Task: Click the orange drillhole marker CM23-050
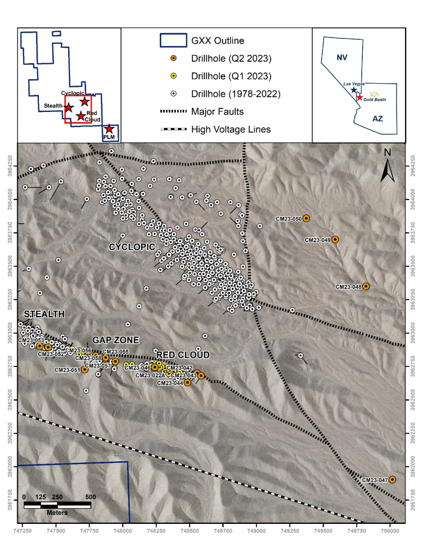point(306,218)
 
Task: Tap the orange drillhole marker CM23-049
point(335,239)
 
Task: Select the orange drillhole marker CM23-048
point(366,287)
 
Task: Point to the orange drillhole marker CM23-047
point(392,479)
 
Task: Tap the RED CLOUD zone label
point(183,355)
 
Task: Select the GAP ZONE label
point(115,340)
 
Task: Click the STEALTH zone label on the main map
point(44,314)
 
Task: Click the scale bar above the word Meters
point(57,505)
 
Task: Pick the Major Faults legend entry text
point(217,111)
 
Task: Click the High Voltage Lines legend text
point(231,130)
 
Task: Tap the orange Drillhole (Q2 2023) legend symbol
point(173,58)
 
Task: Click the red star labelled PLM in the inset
point(110,129)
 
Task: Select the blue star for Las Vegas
point(354,90)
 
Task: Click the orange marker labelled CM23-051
point(85,369)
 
